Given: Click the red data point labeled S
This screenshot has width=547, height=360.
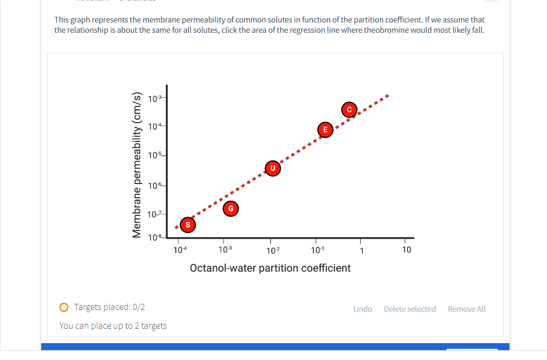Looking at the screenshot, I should pos(188,225).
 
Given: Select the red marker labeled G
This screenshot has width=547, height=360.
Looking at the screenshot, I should pos(230,208).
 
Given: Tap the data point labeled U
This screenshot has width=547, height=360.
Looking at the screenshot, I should pos(273,168).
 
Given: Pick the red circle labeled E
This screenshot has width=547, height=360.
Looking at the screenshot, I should pos(325,130).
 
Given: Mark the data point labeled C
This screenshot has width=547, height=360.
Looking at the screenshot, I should pos(349,110).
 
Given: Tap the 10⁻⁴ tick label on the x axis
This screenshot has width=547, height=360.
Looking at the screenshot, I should pos(180,250).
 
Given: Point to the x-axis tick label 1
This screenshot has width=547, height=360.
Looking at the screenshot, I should pos(361,250).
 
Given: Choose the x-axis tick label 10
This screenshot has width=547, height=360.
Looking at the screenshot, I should pos(407,250).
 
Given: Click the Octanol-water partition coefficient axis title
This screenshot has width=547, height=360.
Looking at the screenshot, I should pos(270,268).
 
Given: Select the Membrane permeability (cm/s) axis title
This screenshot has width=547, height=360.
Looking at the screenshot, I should pos(136,165).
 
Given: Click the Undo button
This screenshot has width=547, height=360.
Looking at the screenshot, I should pos(362,309).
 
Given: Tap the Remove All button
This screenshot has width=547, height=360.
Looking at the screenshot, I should pos(466,309).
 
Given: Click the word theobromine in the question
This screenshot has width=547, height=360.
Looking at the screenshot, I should pos(385,30).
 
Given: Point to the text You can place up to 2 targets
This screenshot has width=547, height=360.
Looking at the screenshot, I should pos(113,326).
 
